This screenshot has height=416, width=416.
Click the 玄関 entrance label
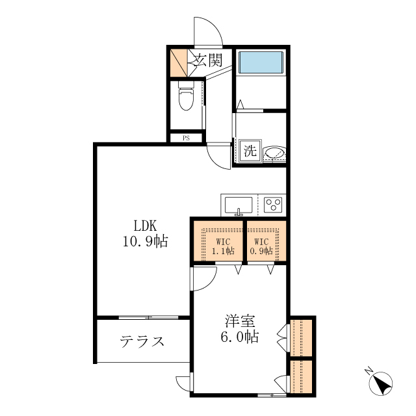tap(207, 61)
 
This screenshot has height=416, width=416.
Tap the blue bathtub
tap(260, 63)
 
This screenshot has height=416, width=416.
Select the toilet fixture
tap(186, 99)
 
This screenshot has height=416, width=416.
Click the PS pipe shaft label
tap(186, 138)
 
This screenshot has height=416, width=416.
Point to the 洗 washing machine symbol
tap(250, 150)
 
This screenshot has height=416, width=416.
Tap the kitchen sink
tap(239, 205)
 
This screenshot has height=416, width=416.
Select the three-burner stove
tap(273, 205)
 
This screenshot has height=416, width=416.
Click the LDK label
tap(145, 226)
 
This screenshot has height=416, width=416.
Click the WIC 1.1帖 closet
tap(218, 241)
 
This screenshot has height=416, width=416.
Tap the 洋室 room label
tap(240, 321)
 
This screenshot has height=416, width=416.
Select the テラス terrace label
tap(142, 341)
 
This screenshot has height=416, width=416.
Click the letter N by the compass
tap(368, 371)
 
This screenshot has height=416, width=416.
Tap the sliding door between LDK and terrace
tap(148, 317)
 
